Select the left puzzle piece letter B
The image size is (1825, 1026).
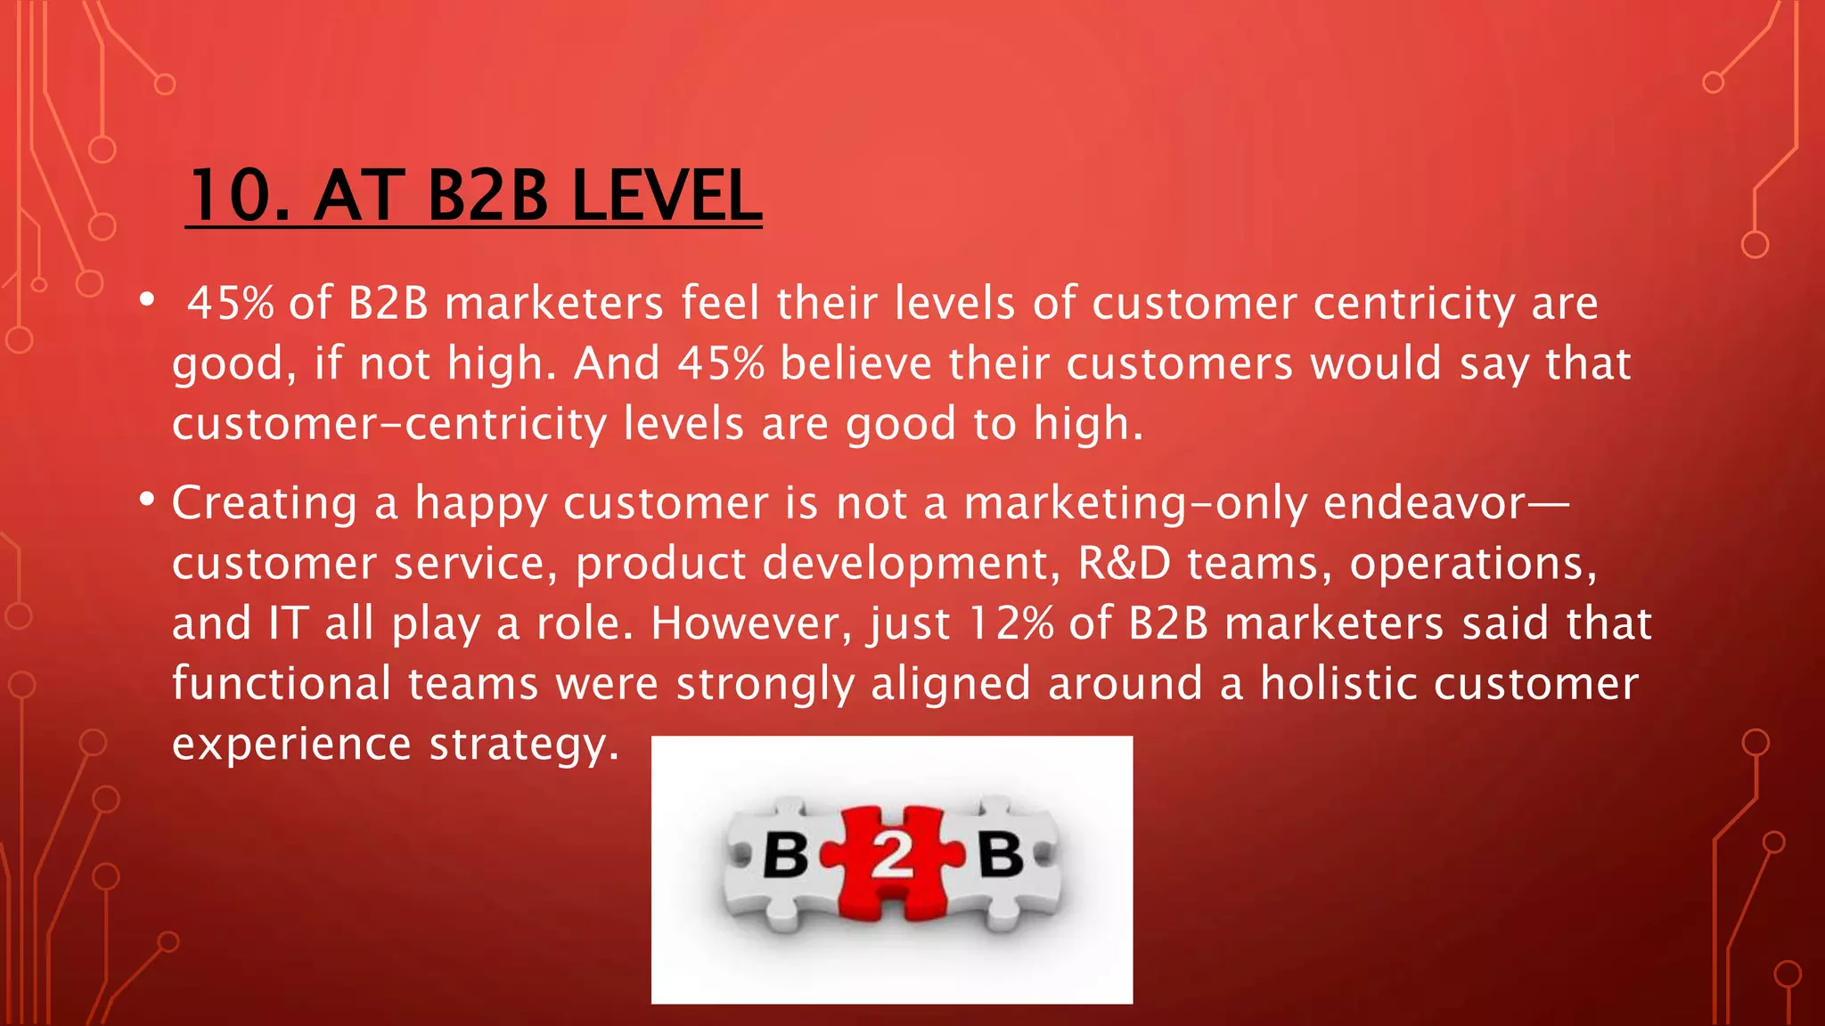(785, 856)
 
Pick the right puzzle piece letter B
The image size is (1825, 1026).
(1000, 856)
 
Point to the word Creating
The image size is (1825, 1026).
(265, 503)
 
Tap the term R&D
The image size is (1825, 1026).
(1124, 564)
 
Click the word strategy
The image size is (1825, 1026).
(523, 745)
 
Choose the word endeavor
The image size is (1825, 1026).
(1425, 503)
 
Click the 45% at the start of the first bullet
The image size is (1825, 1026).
(231, 304)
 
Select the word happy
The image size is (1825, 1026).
(480, 505)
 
